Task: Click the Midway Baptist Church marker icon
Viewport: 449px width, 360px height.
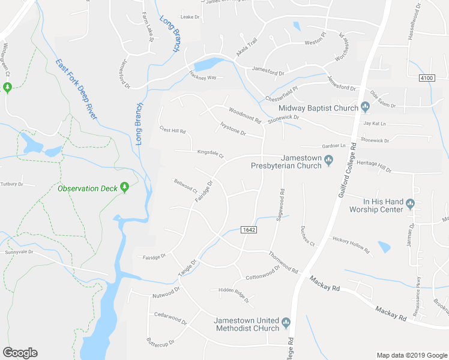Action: pos(364,108)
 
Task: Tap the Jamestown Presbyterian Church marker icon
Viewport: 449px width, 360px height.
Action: pos(328,160)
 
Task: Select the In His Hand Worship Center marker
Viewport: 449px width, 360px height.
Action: pos(411,203)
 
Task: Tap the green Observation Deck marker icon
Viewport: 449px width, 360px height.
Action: pos(124,188)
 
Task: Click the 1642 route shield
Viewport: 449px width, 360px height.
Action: pos(249,230)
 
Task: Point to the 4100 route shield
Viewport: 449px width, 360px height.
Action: pos(427,77)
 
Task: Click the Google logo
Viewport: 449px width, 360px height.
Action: pos(20,353)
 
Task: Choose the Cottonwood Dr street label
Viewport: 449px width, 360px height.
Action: pos(263,274)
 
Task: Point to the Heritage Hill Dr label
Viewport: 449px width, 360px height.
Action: pos(373,166)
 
